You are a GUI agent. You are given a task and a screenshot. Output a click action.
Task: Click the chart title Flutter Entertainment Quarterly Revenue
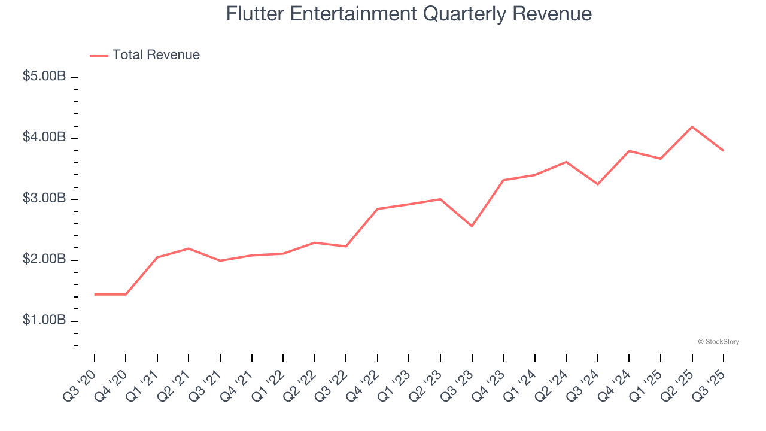[x=409, y=13]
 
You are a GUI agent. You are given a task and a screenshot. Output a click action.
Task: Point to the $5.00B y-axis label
[x=44, y=77]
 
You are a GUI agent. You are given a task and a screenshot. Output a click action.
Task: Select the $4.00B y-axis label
[x=44, y=138]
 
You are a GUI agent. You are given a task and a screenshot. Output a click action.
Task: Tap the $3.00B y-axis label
[x=44, y=199]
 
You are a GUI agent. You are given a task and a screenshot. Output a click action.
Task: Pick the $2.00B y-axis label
[x=44, y=260]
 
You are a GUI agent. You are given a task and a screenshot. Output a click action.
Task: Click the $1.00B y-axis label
[x=44, y=321]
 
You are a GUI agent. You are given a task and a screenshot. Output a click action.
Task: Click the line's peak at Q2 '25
[x=692, y=127]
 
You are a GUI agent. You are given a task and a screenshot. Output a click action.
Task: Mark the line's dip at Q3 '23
[x=472, y=226]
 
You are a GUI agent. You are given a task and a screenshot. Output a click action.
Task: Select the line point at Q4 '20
[x=126, y=295]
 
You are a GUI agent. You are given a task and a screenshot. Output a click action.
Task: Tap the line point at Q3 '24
[x=598, y=184]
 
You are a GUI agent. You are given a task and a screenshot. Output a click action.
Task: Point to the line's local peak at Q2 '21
[x=189, y=248]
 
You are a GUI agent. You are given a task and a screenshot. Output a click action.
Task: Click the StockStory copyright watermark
[x=718, y=342]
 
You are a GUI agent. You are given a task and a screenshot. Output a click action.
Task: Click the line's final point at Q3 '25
[x=724, y=150]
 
